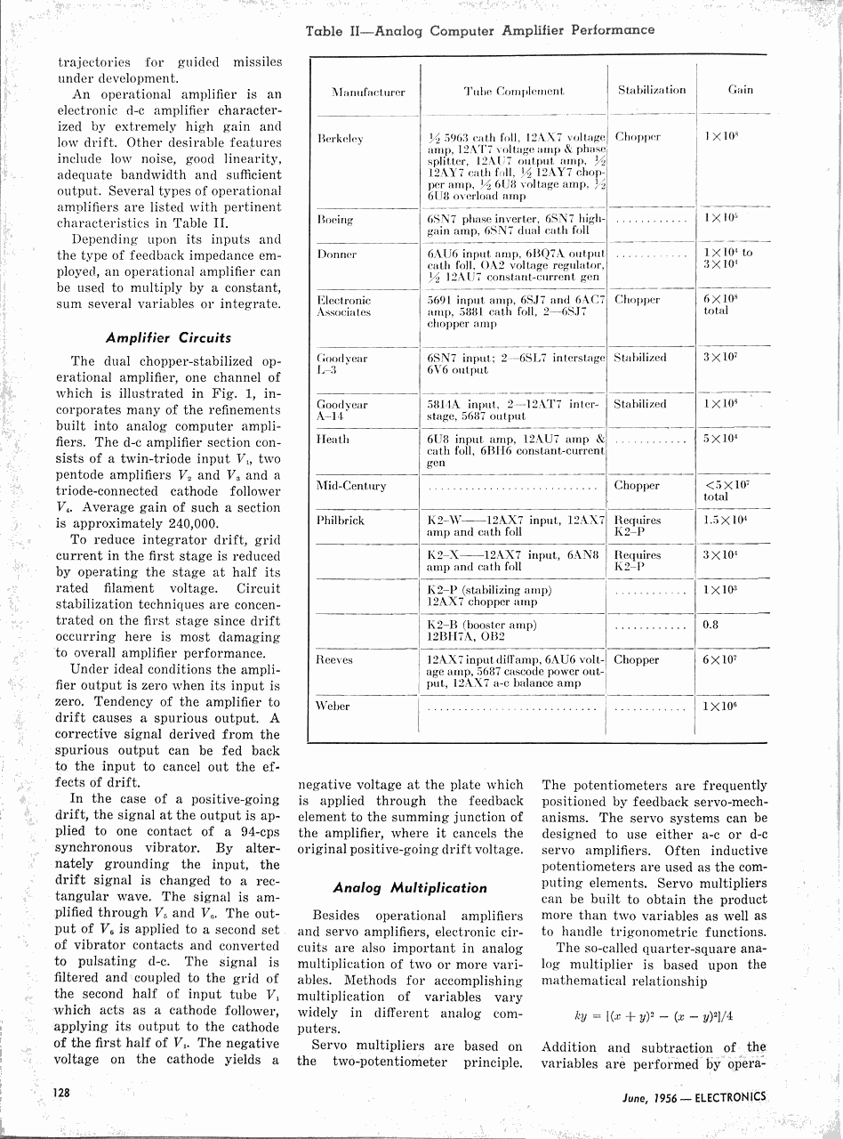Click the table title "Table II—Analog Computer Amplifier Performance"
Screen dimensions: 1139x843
point(479,30)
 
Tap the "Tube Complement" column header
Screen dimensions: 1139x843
point(514,92)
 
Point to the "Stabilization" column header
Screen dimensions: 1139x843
point(652,90)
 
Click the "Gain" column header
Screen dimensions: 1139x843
point(741,90)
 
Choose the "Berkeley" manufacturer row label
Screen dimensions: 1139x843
point(340,139)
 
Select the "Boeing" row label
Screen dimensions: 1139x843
point(335,219)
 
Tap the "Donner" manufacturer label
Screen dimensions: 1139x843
point(336,254)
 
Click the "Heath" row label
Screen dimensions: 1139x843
point(333,439)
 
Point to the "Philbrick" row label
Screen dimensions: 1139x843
point(341,520)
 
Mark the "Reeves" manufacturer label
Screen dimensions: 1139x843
point(334,659)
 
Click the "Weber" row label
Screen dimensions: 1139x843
point(333,707)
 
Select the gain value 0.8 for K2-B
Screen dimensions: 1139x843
point(711,625)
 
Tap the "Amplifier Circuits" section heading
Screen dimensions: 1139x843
point(168,337)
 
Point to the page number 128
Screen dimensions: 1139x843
point(63,1092)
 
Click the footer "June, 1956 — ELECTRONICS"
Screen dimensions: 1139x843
point(694,1097)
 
